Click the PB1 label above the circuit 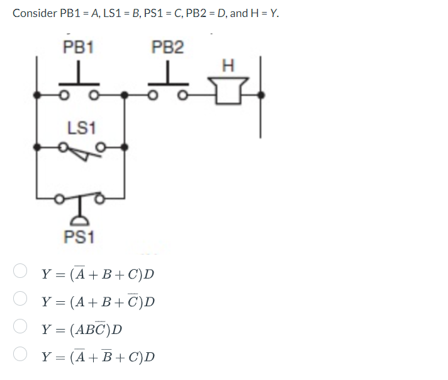78,46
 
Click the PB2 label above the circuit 168,46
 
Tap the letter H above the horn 228,65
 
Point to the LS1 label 81,128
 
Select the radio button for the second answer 21,301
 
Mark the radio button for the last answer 21,356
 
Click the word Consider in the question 34,13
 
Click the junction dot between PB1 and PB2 126,96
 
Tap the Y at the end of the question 272,13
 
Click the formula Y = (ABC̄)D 82,329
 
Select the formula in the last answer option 98,357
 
